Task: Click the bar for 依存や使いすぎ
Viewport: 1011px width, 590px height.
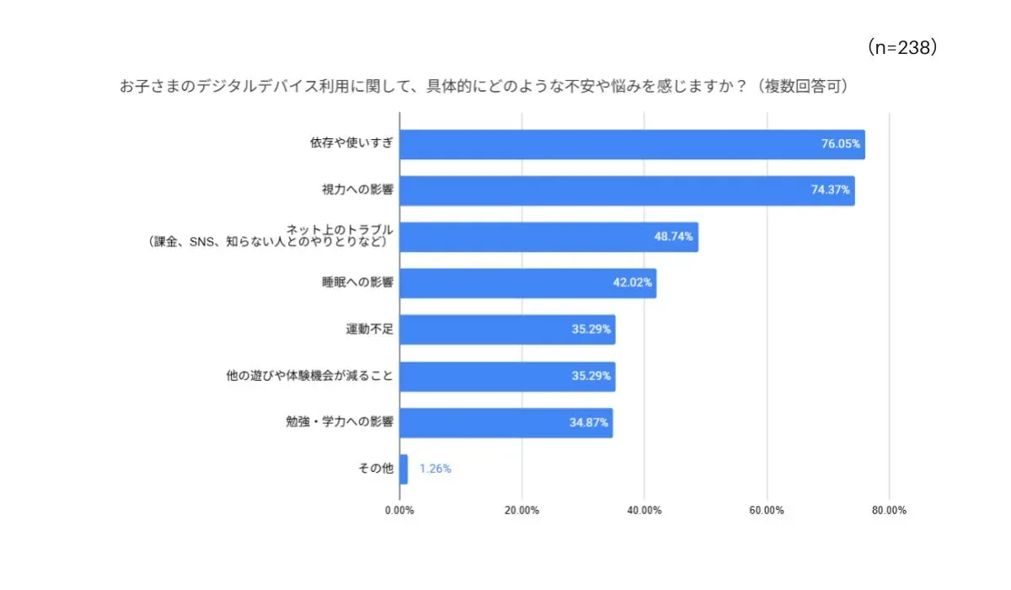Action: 632,145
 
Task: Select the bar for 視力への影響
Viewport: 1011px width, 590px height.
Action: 627,191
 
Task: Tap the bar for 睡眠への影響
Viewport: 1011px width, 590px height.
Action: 527,283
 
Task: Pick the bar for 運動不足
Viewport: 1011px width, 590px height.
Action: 507,330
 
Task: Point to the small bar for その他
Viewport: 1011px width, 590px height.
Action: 404,469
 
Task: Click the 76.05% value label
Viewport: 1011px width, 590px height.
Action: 840,145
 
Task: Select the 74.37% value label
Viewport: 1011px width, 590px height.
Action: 830,191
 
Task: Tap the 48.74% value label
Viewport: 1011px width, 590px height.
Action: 674,238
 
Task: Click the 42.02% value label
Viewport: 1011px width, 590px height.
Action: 632,283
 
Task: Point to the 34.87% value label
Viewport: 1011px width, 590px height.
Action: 588,422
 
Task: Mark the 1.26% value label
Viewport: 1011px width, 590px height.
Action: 436,469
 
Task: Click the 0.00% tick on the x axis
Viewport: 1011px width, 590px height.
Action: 399,511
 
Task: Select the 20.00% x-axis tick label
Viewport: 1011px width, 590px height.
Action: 522,511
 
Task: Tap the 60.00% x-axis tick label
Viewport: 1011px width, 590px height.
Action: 767,511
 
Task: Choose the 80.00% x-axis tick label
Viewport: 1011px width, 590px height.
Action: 889,511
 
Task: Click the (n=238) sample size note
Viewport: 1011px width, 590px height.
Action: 902,49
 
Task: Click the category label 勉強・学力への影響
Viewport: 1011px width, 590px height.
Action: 340,422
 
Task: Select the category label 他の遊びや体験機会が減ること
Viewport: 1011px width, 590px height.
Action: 310,376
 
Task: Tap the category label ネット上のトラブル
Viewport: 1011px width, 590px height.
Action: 340,229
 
